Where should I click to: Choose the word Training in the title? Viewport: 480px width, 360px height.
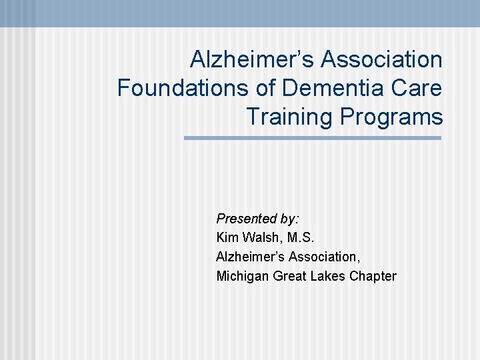(x=290, y=117)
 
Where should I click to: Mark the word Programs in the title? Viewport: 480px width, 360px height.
(x=391, y=117)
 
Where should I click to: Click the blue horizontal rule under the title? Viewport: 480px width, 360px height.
(x=313, y=138)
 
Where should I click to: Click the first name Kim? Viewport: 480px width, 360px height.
(x=227, y=237)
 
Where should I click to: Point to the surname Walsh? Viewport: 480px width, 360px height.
(x=259, y=237)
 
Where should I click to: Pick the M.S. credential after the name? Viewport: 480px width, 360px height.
(x=298, y=237)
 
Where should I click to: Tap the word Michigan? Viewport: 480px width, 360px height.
(x=243, y=276)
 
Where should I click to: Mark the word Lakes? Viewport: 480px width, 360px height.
(x=326, y=276)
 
